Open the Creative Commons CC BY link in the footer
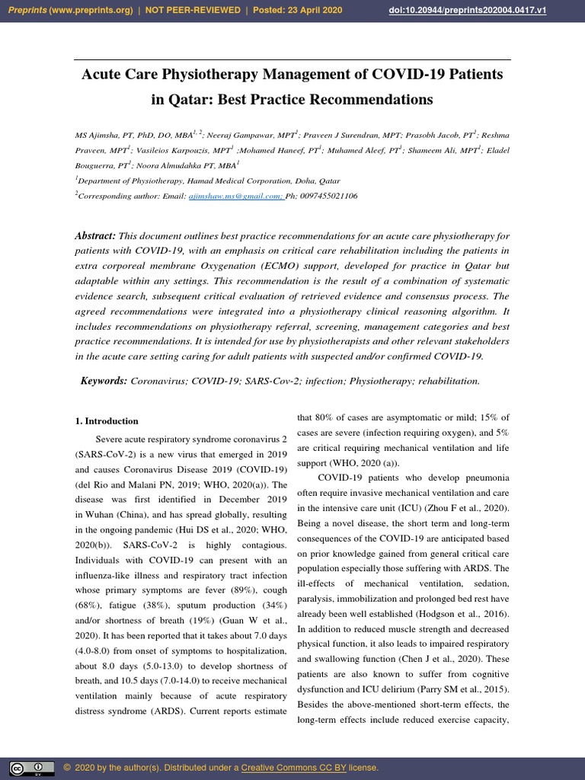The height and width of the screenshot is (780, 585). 300,767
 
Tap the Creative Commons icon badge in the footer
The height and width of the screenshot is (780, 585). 32,767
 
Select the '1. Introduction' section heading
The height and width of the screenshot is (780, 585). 107,420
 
